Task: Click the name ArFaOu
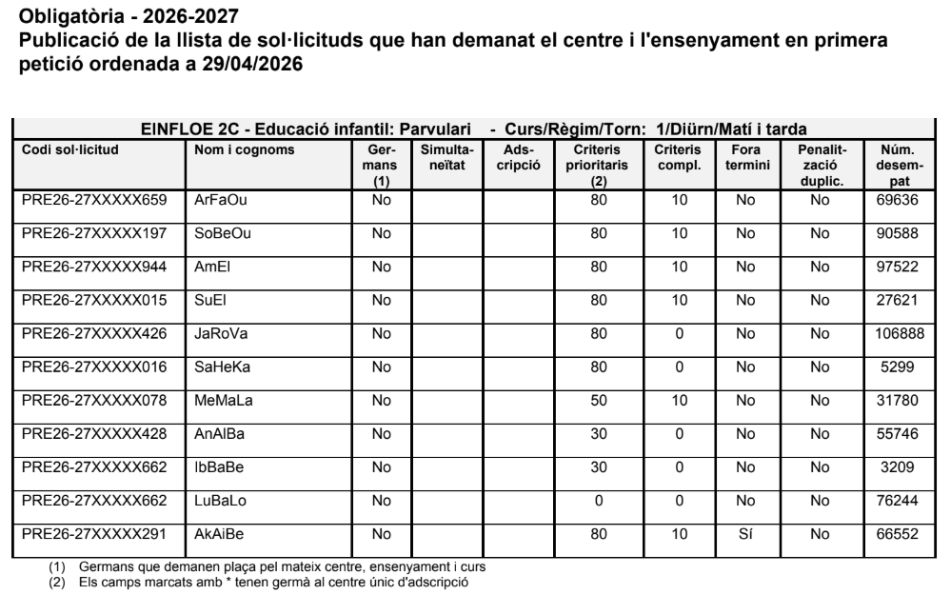[x=215, y=200]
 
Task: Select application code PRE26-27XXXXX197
[x=93, y=233]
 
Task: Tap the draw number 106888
[x=898, y=333]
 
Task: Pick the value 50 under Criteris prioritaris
[x=598, y=400]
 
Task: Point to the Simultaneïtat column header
[x=446, y=157]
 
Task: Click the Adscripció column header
[x=520, y=157]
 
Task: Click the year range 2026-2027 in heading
[x=176, y=16]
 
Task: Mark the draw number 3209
[x=898, y=467]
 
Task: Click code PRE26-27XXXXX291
[x=93, y=535]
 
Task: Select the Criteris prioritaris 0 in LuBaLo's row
[x=598, y=501]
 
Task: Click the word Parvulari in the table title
[x=435, y=129]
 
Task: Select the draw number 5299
[x=898, y=367]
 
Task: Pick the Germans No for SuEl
[x=381, y=300]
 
